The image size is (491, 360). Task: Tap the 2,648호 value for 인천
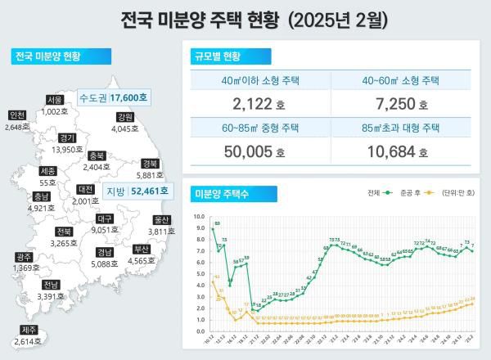point(18,127)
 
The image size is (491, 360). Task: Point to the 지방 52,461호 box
point(137,191)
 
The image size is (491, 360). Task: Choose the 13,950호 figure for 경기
point(68,150)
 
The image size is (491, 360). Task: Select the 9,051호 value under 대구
point(104,231)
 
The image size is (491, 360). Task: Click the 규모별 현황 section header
point(218,57)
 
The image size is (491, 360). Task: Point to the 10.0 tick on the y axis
point(198,217)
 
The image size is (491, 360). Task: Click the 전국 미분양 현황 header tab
point(47,56)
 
